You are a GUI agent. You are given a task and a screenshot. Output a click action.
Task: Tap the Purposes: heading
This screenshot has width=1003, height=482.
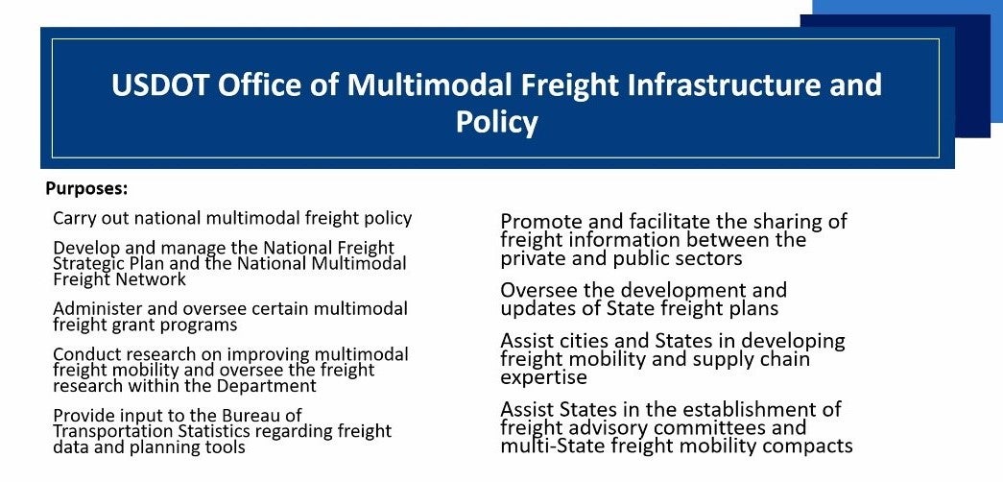pos(87,190)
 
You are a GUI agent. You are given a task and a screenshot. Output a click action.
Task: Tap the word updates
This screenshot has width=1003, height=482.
pos(534,308)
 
